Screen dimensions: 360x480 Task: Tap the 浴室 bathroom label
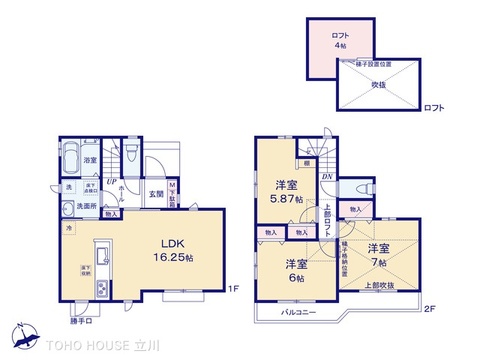click(89, 160)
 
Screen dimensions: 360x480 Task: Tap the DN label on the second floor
click(327, 177)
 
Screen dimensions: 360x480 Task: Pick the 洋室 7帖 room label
click(377, 254)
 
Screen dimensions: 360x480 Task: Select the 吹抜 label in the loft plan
click(382, 86)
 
